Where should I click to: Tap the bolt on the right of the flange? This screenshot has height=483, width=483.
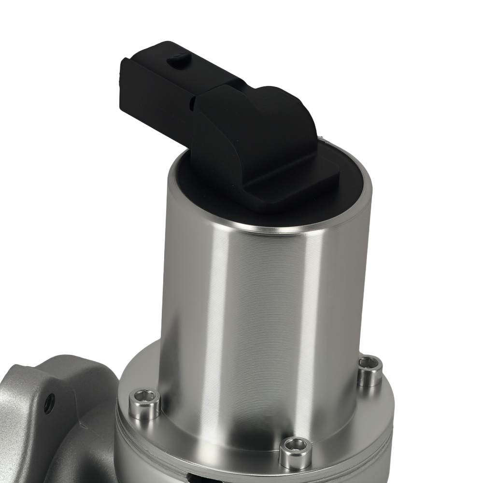(369, 370)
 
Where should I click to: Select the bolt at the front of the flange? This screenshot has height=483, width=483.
(295, 452)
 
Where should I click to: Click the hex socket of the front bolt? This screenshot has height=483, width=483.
(296, 445)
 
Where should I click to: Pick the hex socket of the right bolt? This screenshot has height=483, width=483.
(370, 363)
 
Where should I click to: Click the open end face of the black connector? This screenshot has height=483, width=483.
(127, 92)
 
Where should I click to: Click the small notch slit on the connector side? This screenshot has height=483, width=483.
(192, 102)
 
